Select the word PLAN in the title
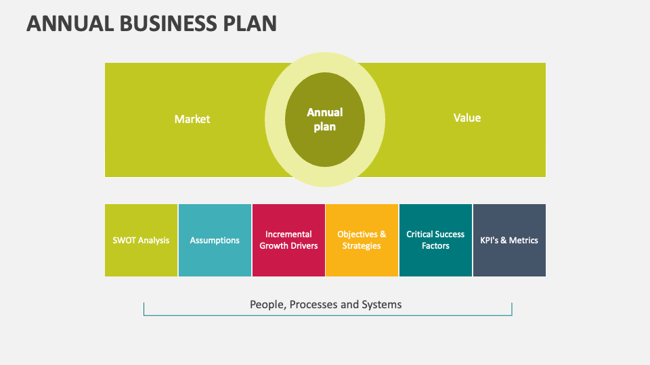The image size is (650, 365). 250,23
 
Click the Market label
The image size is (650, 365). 192,119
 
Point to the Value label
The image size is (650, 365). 467,118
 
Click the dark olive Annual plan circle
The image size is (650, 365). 325,119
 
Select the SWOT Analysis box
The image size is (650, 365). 141,240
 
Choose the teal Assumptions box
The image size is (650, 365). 215,240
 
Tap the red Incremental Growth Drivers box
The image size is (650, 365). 288,240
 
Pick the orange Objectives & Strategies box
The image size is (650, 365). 362,240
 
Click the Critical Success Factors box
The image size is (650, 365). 435,240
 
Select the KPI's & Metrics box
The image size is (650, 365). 509,240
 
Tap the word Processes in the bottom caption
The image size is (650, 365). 314,304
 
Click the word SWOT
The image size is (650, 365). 125,240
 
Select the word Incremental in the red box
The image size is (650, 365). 288,235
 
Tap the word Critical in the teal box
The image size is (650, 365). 420,235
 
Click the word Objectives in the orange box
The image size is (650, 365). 357,235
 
